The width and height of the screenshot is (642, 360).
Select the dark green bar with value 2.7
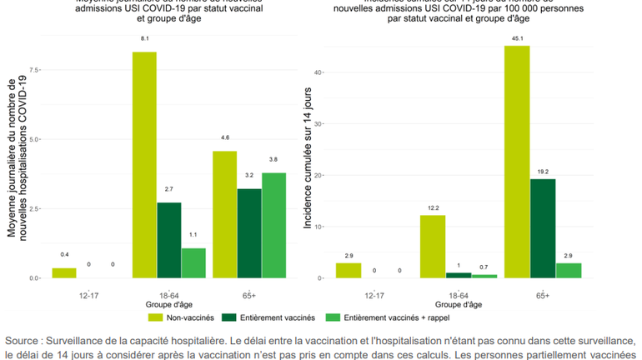(168, 240)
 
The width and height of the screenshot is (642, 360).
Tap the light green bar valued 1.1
(193, 262)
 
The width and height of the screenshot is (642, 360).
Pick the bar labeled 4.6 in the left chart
(224, 214)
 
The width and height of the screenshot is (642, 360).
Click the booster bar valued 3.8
(273, 225)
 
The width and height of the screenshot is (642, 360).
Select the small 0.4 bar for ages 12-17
(64, 272)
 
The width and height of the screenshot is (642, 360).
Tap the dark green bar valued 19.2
(542, 228)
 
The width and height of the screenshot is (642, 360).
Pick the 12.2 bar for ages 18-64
(432, 246)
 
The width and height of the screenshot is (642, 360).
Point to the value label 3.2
(248, 176)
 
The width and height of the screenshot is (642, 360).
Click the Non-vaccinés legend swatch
(157, 317)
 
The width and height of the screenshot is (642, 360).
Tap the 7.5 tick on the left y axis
(33, 70)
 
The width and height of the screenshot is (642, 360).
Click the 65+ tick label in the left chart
(248, 294)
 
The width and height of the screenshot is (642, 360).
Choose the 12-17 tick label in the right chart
(374, 294)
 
